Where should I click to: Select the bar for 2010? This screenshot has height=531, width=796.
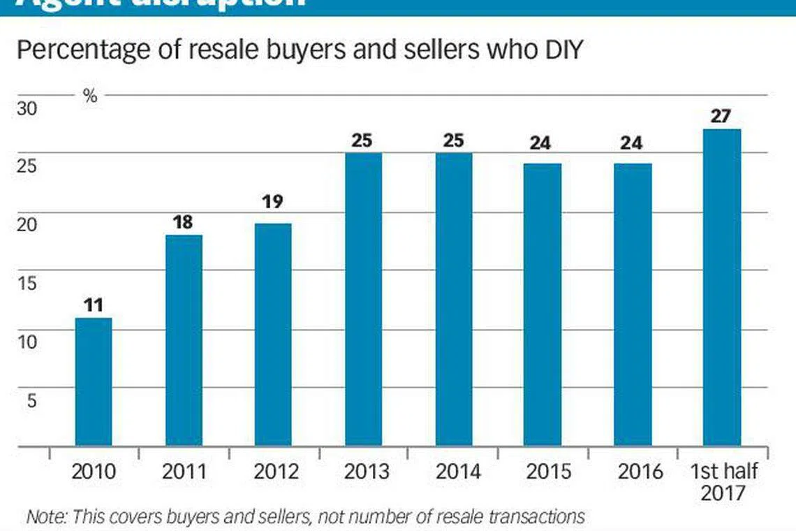click(x=94, y=381)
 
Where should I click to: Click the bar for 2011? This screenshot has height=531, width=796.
click(x=184, y=340)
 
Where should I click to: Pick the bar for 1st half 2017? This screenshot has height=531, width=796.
click(x=722, y=287)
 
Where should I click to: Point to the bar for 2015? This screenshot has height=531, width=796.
click(x=543, y=305)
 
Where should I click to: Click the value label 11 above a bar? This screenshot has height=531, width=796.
click(x=94, y=305)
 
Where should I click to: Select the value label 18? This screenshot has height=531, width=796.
click(x=184, y=222)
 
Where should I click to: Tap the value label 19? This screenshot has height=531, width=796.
click(x=273, y=201)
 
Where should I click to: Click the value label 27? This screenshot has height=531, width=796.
click(x=722, y=116)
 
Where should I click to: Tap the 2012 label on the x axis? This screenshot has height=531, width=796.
click(x=275, y=472)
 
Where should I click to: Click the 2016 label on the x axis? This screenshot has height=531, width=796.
click(x=640, y=472)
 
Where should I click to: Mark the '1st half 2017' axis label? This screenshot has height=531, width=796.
click(x=723, y=482)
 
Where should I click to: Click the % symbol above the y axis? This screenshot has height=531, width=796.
click(x=90, y=96)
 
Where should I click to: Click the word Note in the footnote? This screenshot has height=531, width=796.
click(x=43, y=517)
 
